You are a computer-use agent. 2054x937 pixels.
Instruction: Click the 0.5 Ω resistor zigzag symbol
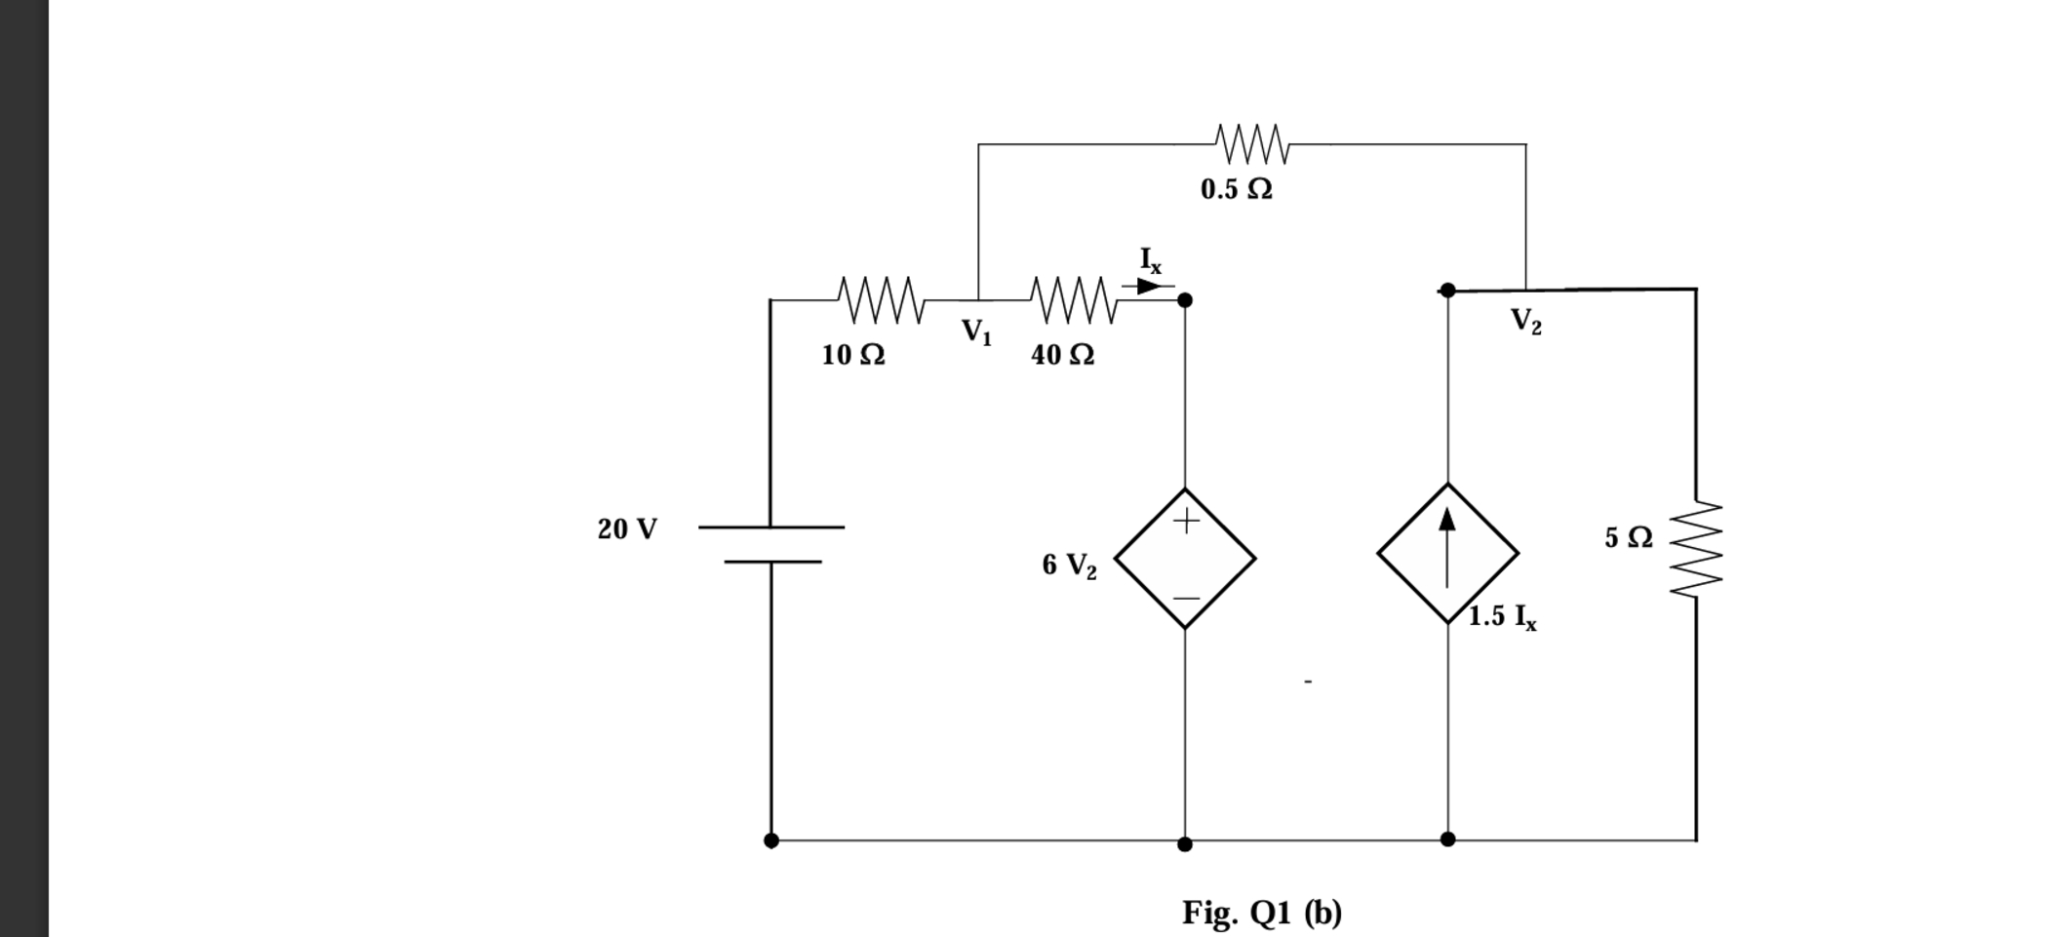(1253, 144)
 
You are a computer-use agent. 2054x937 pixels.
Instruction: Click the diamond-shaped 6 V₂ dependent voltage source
(1185, 559)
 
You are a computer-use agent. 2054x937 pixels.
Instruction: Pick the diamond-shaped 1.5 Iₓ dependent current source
(1447, 553)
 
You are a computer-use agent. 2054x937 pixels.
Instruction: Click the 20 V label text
(627, 529)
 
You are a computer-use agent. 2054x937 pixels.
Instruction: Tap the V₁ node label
(976, 332)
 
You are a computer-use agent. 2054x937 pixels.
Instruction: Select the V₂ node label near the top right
(1526, 321)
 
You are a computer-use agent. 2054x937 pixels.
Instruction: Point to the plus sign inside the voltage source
(1186, 521)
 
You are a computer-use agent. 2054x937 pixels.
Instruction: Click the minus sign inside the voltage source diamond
(1186, 597)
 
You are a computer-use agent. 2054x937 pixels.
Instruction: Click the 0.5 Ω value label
(1236, 189)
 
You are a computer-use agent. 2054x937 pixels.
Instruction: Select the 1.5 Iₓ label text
(1503, 617)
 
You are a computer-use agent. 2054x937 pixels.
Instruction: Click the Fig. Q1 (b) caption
(1262, 913)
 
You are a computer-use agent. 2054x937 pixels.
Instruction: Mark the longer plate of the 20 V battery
(770, 527)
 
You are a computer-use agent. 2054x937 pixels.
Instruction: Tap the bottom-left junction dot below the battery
(770, 840)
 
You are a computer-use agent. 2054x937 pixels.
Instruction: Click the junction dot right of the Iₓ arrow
(1185, 300)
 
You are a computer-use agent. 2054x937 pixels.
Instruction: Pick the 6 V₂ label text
(1069, 566)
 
